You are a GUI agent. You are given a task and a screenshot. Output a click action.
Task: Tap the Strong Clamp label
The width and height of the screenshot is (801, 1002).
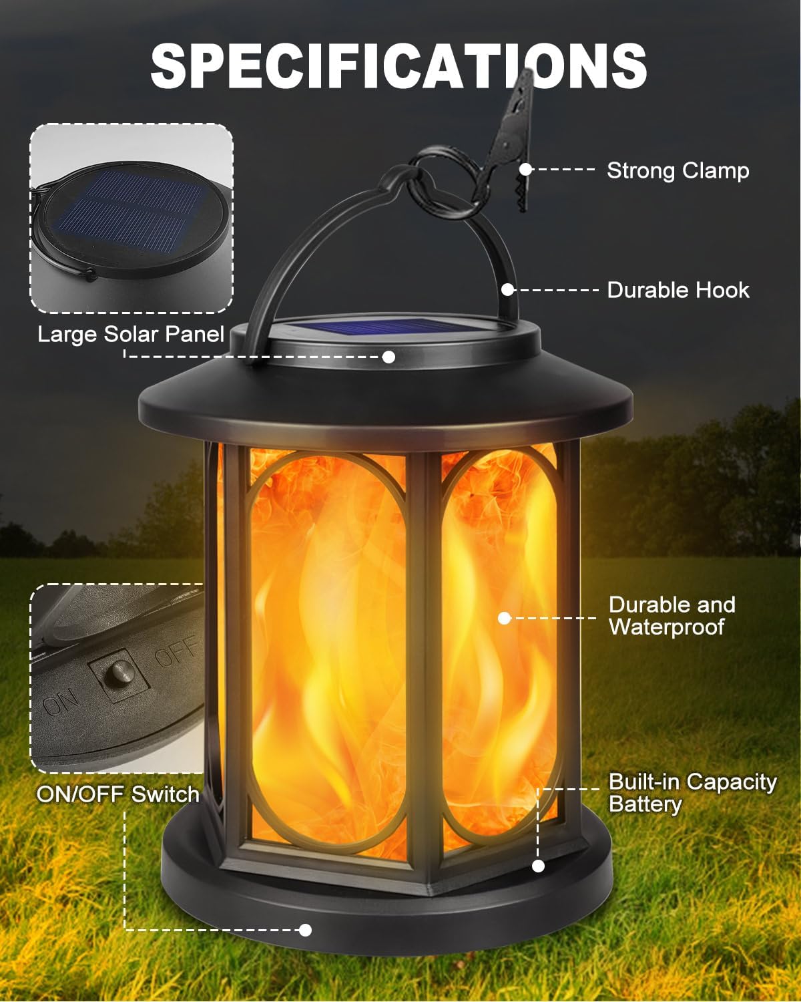678,170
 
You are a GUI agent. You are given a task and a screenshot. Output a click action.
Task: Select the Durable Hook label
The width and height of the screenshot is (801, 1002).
678,290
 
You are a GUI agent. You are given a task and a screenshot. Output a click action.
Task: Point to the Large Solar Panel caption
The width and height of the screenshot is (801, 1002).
131,333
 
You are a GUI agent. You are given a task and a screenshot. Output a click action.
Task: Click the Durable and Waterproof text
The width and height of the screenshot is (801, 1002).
671,615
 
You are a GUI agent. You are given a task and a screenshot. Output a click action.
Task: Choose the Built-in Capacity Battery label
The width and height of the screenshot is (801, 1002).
692,792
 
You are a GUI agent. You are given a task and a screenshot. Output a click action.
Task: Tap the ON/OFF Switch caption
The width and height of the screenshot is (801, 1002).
118,794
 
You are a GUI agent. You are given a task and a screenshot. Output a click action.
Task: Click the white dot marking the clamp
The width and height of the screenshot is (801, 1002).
526,170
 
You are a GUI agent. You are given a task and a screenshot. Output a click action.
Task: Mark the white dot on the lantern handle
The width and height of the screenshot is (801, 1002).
508,290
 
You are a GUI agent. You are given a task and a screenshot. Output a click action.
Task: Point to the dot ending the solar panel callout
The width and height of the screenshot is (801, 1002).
388,357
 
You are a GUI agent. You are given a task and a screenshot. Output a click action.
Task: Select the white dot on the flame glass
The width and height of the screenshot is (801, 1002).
505,618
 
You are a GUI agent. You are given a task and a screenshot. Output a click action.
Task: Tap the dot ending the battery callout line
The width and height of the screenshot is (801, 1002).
539,866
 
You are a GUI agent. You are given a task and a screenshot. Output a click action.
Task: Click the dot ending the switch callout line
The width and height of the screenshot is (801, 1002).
306,929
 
